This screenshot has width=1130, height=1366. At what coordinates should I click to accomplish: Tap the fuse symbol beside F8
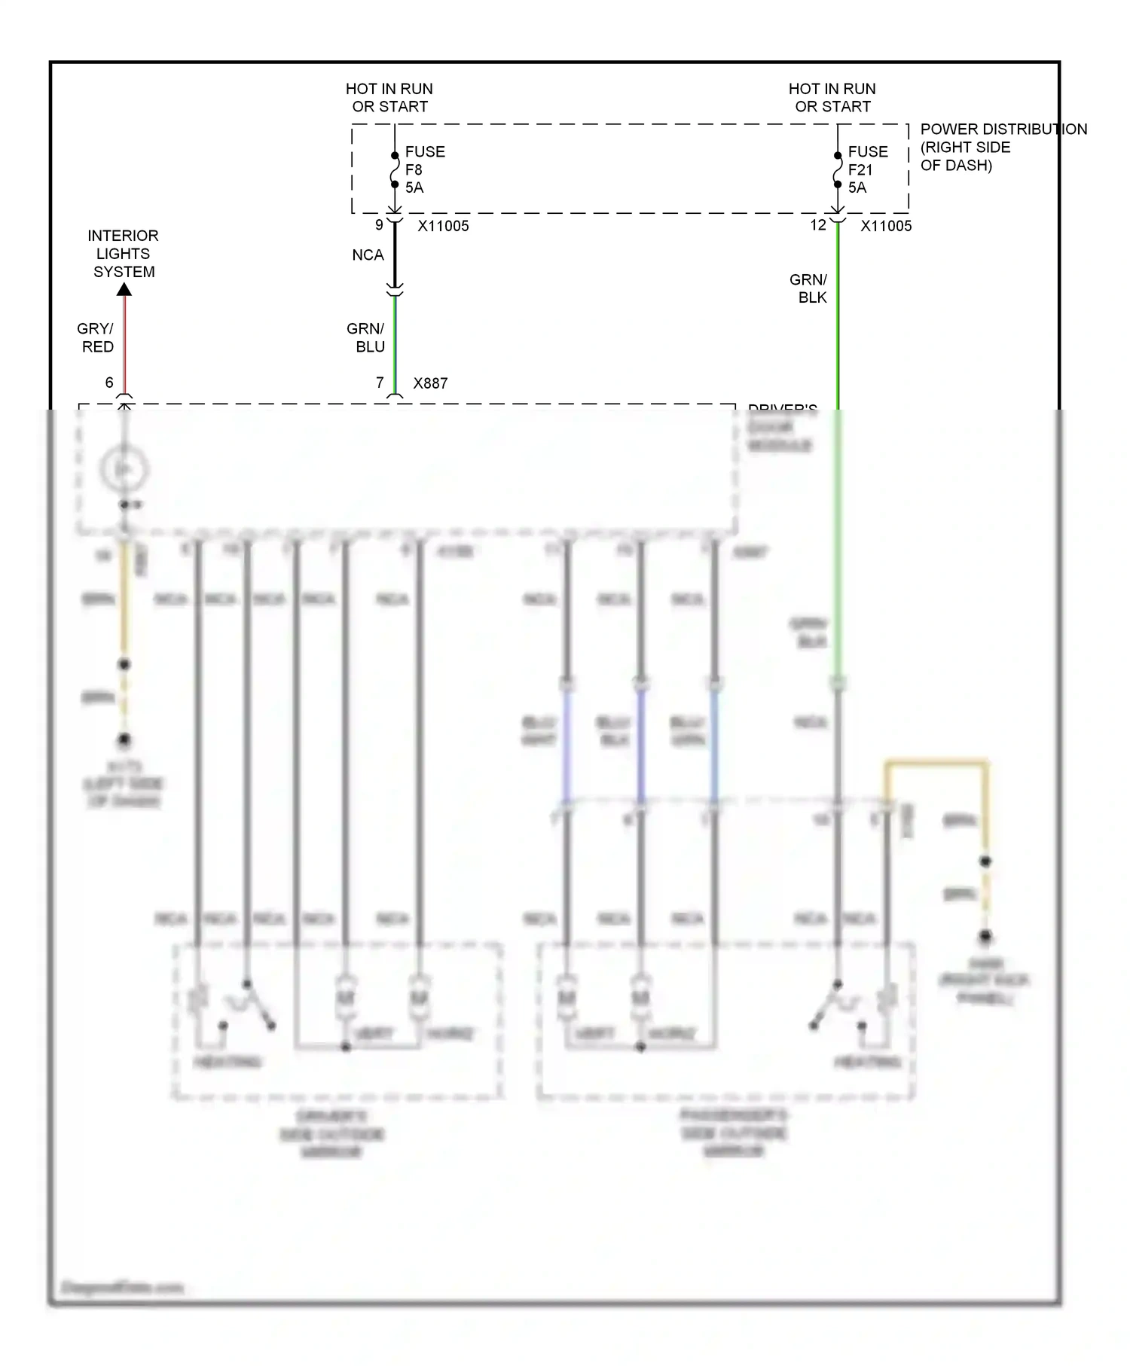point(394,170)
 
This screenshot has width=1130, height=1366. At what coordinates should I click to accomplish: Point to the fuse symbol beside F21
point(837,170)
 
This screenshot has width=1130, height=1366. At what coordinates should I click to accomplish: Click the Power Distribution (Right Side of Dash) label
point(1003,147)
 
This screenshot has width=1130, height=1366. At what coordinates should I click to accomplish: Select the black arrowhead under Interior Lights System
point(124,290)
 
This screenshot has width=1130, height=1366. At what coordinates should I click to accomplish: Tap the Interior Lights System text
point(124,254)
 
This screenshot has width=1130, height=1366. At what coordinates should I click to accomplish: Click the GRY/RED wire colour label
point(96,337)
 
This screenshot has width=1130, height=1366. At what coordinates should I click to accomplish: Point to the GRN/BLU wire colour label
point(365,337)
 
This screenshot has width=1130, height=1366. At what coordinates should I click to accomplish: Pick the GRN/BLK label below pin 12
point(809,288)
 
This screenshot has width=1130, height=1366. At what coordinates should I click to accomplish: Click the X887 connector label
point(430,383)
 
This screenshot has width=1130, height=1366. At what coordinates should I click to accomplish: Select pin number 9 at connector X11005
point(380,224)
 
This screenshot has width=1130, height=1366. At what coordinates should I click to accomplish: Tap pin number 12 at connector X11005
point(818,224)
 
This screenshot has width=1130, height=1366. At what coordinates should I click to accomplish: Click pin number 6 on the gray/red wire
point(109,383)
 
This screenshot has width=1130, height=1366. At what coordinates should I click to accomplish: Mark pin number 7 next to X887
point(380,383)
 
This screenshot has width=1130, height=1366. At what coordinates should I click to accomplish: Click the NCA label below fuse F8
point(368,255)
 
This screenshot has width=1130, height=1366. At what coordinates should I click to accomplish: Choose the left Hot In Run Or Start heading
point(389,98)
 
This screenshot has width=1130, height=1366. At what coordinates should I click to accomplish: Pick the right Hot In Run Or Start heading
point(832,98)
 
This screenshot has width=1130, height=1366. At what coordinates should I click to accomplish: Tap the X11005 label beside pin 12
point(886,226)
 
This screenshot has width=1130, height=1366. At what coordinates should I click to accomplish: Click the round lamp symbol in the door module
point(124,469)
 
